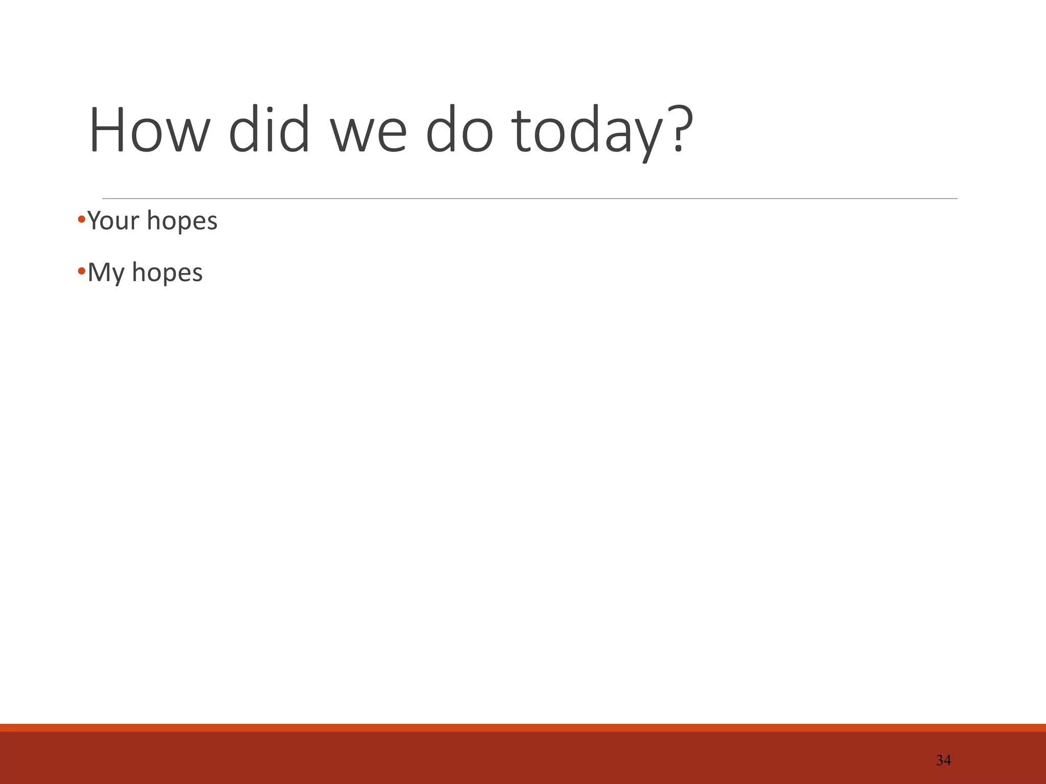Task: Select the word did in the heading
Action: (269, 130)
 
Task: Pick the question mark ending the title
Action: (679, 130)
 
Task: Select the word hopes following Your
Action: (182, 222)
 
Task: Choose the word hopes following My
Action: (167, 274)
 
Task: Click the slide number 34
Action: (943, 761)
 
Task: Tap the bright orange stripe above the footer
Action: (523, 727)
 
